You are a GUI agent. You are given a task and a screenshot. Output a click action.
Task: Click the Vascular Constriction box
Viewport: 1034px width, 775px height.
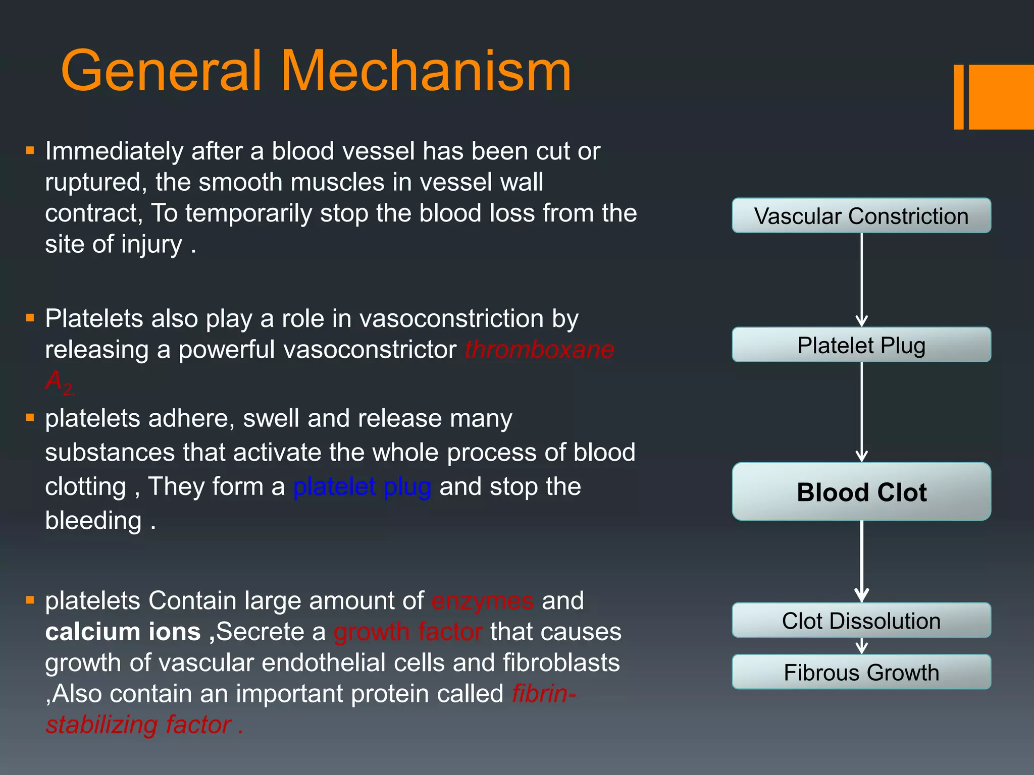point(861,216)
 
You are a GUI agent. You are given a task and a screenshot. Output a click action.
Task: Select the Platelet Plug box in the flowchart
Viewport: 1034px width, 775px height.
point(861,345)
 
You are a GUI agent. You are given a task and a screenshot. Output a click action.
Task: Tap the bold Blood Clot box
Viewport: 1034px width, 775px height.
point(861,492)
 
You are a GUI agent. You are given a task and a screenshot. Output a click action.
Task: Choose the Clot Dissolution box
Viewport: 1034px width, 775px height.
point(861,621)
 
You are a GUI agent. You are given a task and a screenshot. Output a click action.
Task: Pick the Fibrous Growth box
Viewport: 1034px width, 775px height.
point(861,672)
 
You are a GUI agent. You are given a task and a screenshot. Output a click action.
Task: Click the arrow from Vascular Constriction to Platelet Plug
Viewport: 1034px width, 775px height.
point(861,280)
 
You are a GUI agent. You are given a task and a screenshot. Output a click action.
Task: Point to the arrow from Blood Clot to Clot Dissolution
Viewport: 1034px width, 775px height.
point(861,561)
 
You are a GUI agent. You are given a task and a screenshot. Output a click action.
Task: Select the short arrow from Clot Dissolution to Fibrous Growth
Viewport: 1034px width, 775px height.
point(861,646)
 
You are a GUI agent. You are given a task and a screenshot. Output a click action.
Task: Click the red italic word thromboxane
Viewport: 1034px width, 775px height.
point(539,350)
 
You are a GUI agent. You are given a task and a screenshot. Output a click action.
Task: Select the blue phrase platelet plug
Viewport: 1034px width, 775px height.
point(362,487)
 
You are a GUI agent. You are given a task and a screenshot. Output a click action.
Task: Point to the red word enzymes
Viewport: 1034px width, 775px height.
point(482,601)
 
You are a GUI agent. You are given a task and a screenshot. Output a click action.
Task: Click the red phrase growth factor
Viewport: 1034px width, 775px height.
point(408,632)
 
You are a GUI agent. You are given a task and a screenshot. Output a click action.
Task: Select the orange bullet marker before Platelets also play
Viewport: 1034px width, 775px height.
point(30,318)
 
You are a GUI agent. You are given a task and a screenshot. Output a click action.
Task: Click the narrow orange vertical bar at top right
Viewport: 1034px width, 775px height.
point(958,97)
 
